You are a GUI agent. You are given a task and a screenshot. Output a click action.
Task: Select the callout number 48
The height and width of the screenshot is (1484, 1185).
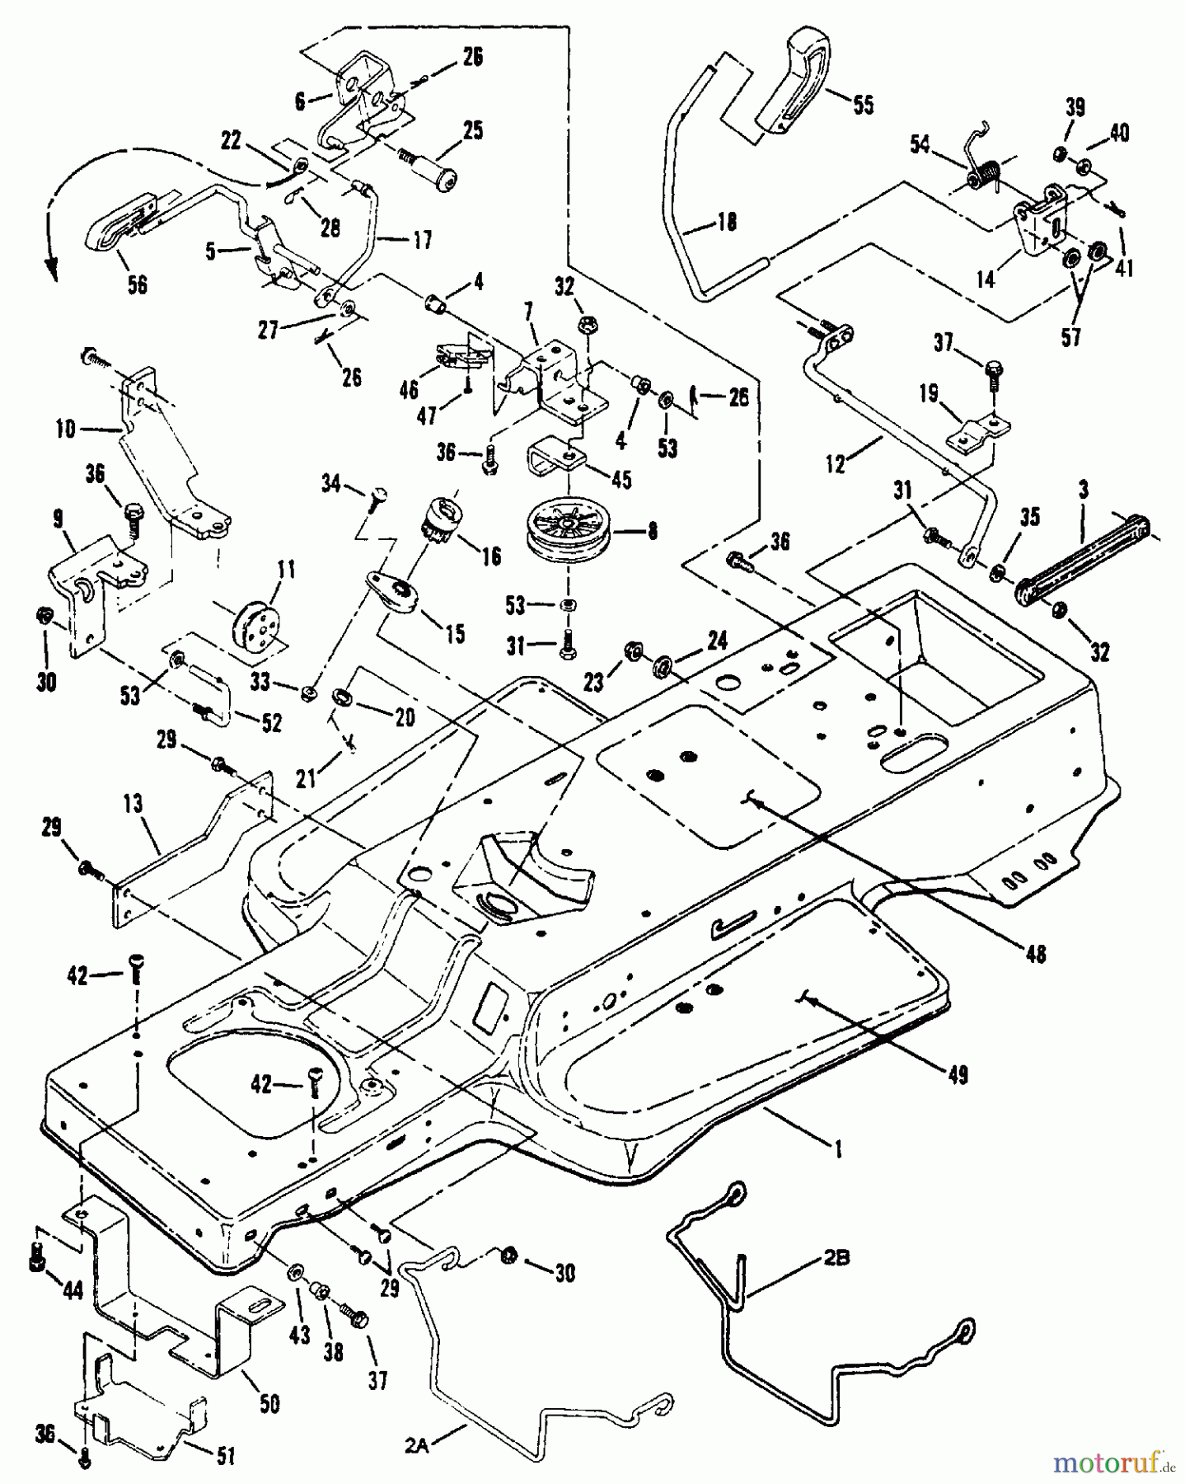[1035, 954]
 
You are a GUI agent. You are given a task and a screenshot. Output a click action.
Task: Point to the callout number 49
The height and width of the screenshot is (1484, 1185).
[958, 1074]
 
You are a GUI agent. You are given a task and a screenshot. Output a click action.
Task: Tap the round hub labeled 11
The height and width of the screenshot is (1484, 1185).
[253, 618]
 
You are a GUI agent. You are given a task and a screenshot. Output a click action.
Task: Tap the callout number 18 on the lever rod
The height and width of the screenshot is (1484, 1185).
[725, 221]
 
